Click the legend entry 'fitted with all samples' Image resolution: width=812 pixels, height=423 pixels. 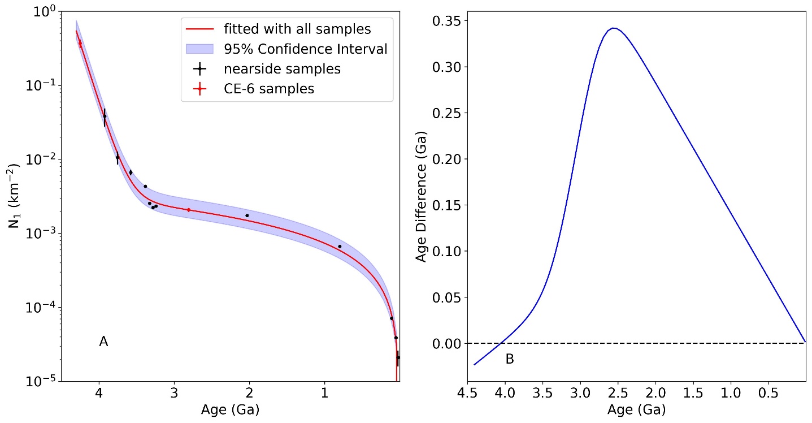284,28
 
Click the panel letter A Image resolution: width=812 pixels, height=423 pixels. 103,342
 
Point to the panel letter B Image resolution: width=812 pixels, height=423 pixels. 510,359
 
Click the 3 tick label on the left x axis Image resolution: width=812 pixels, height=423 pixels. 175,392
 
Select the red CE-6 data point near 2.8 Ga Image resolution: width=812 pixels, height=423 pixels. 189,210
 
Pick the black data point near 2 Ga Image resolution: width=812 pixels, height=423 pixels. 247,215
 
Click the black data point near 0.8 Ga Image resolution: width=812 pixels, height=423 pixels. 340,247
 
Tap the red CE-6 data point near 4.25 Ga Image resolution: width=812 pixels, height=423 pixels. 80,44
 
